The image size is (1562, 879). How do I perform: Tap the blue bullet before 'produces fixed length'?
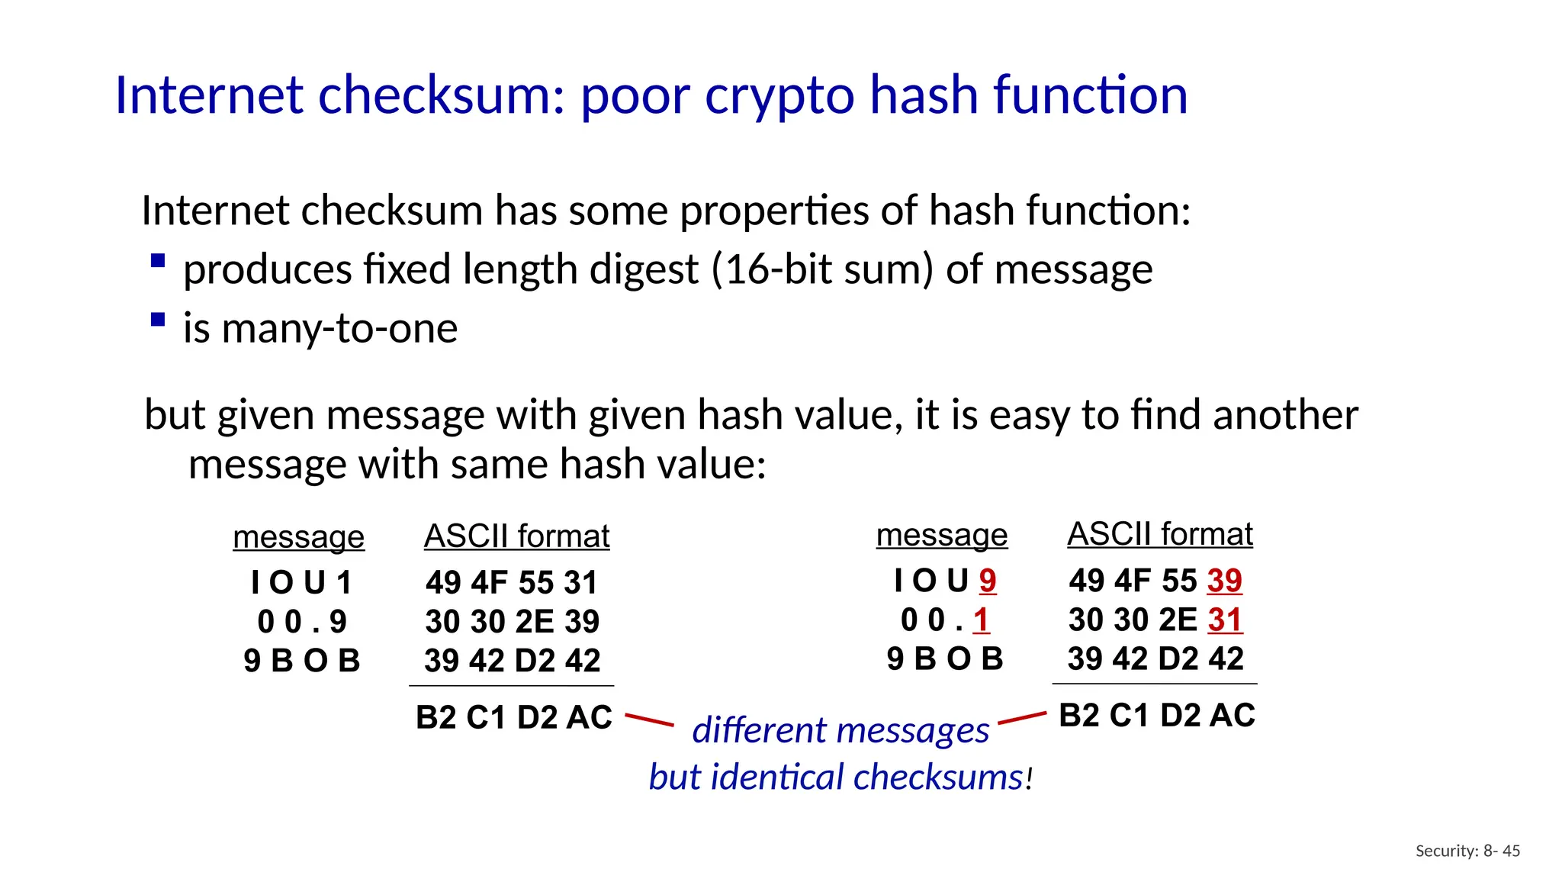(158, 261)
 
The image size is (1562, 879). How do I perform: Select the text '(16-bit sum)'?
(821, 269)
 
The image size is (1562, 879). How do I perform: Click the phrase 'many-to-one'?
(339, 328)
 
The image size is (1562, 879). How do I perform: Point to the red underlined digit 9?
(988, 581)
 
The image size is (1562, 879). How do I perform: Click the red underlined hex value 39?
(1225, 581)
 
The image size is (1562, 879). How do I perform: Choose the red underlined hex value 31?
(1225, 620)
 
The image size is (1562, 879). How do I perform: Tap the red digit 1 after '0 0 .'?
(981, 620)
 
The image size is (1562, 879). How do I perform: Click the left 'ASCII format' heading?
(516, 536)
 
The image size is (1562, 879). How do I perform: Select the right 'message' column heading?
(941, 535)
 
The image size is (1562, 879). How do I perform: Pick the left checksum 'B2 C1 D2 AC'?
(513, 717)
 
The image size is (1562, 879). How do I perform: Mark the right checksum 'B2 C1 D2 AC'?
(1156, 716)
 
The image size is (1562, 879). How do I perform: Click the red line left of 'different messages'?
(649, 720)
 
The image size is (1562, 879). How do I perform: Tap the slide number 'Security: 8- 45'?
(1467, 851)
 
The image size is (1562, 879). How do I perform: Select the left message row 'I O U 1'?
(301, 583)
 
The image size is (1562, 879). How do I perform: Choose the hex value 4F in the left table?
(489, 583)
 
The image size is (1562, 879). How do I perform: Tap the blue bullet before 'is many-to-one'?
(158, 320)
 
